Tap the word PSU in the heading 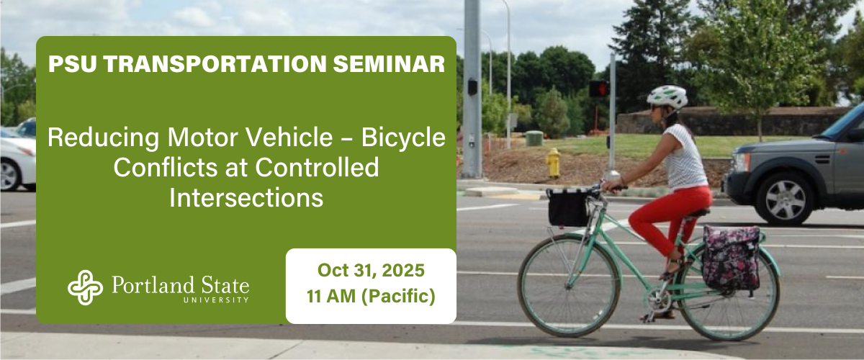[x=76, y=64]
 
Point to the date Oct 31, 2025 [x=371, y=271]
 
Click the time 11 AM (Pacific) [x=371, y=296]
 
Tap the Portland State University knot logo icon [x=85, y=287]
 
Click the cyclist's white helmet [x=666, y=95]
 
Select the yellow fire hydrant [x=553, y=163]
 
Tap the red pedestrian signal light [x=598, y=89]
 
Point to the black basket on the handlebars [x=567, y=207]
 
